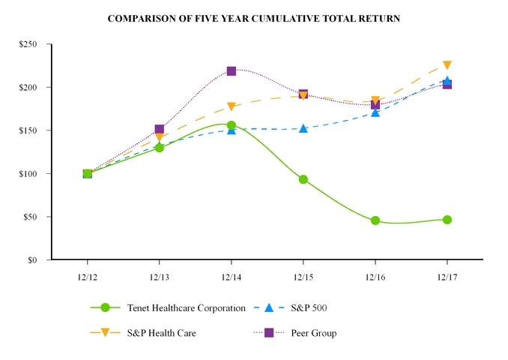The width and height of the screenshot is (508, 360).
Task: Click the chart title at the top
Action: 253,18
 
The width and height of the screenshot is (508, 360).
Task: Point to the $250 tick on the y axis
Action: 29,44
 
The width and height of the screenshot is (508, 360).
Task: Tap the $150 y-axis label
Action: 29,130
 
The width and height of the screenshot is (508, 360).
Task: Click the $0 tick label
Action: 34,260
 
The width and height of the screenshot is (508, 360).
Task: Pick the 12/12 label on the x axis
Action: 88,276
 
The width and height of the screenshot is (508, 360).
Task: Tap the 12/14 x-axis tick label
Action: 232,276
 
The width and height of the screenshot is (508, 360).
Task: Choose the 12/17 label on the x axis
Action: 447,276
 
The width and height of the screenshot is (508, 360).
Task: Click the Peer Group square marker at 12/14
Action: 232,71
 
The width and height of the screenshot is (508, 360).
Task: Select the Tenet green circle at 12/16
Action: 375,220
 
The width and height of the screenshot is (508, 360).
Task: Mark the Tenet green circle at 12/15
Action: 303,179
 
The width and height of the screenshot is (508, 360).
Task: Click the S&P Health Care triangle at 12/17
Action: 447,66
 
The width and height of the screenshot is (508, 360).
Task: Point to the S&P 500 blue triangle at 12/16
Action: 375,112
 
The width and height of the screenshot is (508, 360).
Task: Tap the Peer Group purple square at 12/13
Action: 160,129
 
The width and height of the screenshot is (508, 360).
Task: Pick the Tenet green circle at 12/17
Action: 447,220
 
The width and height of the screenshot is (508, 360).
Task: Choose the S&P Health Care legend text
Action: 161,332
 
